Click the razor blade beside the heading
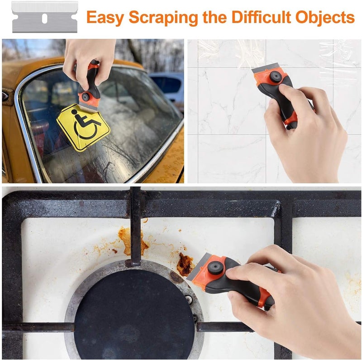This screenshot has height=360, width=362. point(44,17)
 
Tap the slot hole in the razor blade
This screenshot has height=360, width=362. point(44,18)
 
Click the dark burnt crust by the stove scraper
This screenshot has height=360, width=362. point(184,265)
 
